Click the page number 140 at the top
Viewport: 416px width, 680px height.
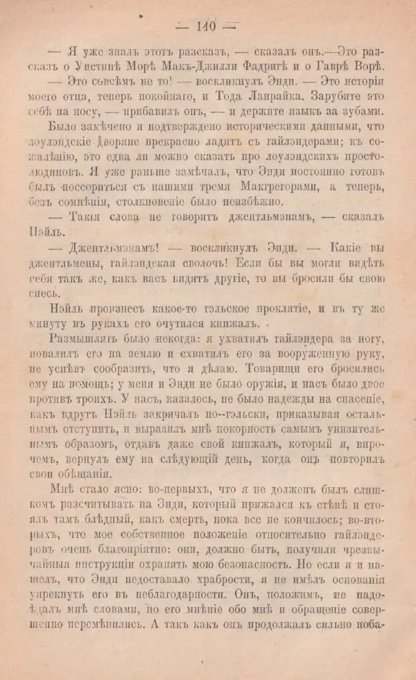pyautogui.click(x=206, y=27)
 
